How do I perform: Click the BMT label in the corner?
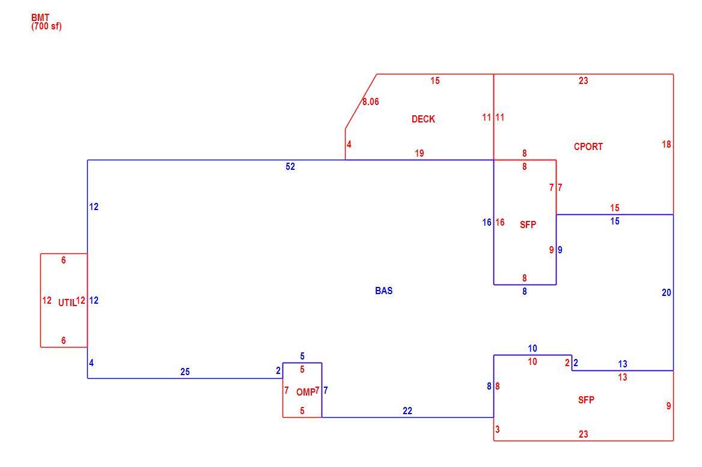(x=40, y=18)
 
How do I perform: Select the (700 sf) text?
(x=46, y=26)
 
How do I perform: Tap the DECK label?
(x=423, y=119)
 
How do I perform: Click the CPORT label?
(x=588, y=146)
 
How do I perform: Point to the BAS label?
(x=383, y=291)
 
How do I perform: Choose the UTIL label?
(x=67, y=303)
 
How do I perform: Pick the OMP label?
(x=305, y=393)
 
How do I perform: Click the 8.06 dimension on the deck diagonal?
(x=371, y=102)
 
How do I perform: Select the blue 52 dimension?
(x=290, y=166)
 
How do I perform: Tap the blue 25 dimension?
(x=185, y=372)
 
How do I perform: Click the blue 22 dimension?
(x=407, y=411)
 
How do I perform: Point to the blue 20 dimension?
(x=666, y=292)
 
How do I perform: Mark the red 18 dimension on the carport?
(x=666, y=144)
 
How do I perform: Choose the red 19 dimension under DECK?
(x=419, y=154)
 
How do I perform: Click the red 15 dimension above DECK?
(x=435, y=81)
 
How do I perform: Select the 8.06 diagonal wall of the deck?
(x=361, y=101)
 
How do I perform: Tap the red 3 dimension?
(x=498, y=429)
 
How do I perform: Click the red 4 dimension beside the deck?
(x=349, y=145)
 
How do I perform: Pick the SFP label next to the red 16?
(x=528, y=224)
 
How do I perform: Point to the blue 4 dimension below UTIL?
(x=91, y=363)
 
